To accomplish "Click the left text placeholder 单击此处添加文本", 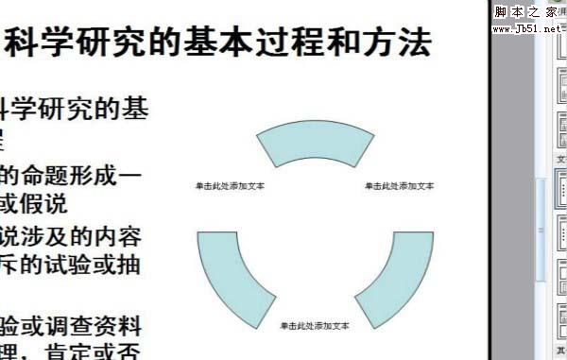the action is coord(230,186).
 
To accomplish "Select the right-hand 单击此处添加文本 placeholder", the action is coord(400,186).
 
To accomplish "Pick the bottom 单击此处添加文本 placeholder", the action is coord(315,326).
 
